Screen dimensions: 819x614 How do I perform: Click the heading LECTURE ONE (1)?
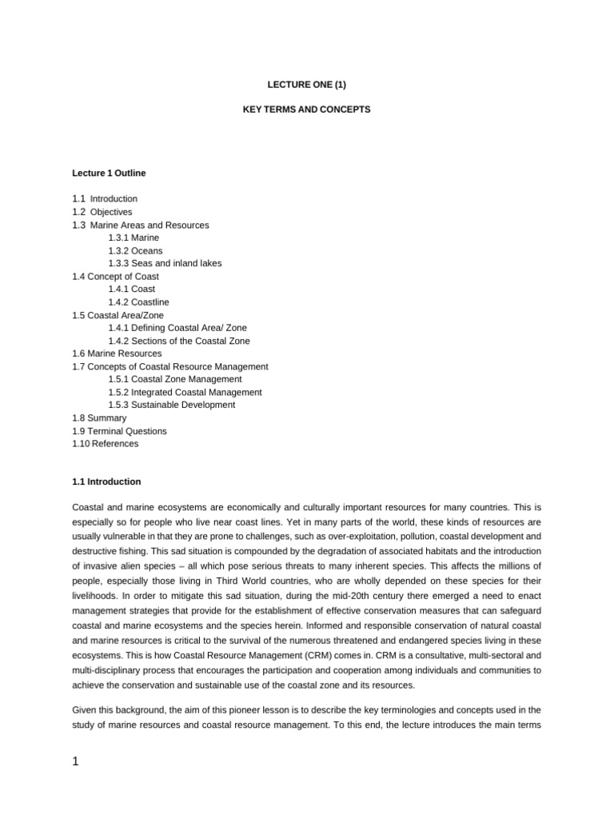click(306, 82)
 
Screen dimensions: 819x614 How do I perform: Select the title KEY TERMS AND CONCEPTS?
click(306, 109)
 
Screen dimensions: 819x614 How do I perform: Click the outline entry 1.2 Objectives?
click(102, 212)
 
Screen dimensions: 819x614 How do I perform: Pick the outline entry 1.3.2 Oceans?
click(135, 250)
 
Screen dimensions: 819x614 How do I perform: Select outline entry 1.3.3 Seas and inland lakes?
click(165, 263)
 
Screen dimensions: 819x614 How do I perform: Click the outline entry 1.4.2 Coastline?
click(138, 302)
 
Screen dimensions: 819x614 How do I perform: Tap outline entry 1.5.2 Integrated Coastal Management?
click(185, 392)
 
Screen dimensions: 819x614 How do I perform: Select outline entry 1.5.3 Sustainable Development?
click(171, 405)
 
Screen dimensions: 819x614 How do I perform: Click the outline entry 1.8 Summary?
click(99, 418)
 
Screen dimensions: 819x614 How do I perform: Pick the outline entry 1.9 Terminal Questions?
click(119, 431)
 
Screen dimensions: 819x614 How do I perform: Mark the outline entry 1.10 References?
click(105, 444)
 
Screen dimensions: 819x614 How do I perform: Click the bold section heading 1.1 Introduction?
click(106, 482)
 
